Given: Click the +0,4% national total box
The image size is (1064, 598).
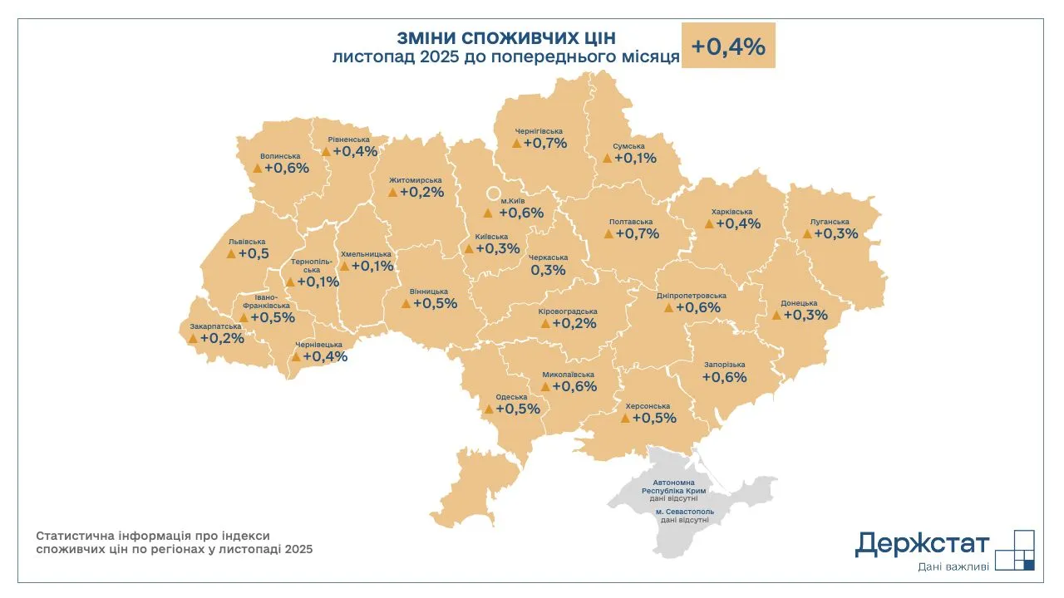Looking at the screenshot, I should (728, 47).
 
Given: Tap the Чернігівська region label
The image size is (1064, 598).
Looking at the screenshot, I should (539, 131).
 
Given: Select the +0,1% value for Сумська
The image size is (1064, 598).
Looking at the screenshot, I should (635, 158).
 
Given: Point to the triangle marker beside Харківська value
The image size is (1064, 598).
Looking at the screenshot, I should (708, 224).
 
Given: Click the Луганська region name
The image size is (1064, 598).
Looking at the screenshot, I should (829, 222).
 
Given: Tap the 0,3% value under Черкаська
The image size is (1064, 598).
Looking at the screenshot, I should (548, 270).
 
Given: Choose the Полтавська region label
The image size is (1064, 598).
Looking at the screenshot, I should (630, 222).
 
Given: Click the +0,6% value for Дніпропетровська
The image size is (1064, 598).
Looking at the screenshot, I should (697, 307).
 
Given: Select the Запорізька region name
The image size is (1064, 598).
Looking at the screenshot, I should (724, 365).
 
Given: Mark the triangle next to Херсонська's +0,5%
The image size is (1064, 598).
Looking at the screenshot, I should (625, 418).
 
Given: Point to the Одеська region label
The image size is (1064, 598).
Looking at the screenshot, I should (510, 397).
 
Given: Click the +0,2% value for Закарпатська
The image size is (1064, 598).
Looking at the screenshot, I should (222, 338).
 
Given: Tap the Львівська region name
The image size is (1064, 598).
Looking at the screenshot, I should (246, 242).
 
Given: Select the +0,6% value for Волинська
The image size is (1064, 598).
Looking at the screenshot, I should (286, 168).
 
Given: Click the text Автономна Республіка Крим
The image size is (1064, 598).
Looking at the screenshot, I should (680, 486).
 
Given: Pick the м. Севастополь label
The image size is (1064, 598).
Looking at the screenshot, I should (683, 512).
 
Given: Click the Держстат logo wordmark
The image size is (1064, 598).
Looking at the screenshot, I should (922, 545).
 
